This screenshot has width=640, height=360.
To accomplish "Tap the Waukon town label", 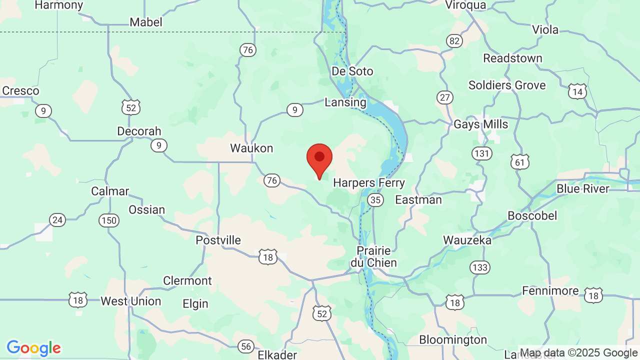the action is click(x=251, y=148).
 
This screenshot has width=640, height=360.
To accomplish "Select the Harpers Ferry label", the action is click(x=369, y=183).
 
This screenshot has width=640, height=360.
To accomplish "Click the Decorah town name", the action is click(x=139, y=131).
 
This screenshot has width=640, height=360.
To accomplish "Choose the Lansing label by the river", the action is click(x=345, y=102).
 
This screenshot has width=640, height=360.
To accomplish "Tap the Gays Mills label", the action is click(x=481, y=124).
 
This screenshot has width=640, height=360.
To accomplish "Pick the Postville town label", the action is click(x=218, y=240).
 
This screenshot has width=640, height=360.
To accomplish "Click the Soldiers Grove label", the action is click(x=507, y=85).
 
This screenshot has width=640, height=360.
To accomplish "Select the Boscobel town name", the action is click(x=532, y=215).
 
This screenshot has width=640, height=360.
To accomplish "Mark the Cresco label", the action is click(x=20, y=91).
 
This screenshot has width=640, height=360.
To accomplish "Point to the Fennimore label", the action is click(x=550, y=290).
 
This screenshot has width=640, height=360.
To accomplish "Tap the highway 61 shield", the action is click(x=520, y=161).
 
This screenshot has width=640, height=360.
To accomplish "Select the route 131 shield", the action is click(x=482, y=153).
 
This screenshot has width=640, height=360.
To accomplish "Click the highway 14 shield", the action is click(x=577, y=91).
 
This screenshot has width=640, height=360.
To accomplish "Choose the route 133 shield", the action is click(x=479, y=267).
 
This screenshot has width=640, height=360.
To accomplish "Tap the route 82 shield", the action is click(x=454, y=41).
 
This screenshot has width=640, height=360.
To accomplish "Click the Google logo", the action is click(x=33, y=348).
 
